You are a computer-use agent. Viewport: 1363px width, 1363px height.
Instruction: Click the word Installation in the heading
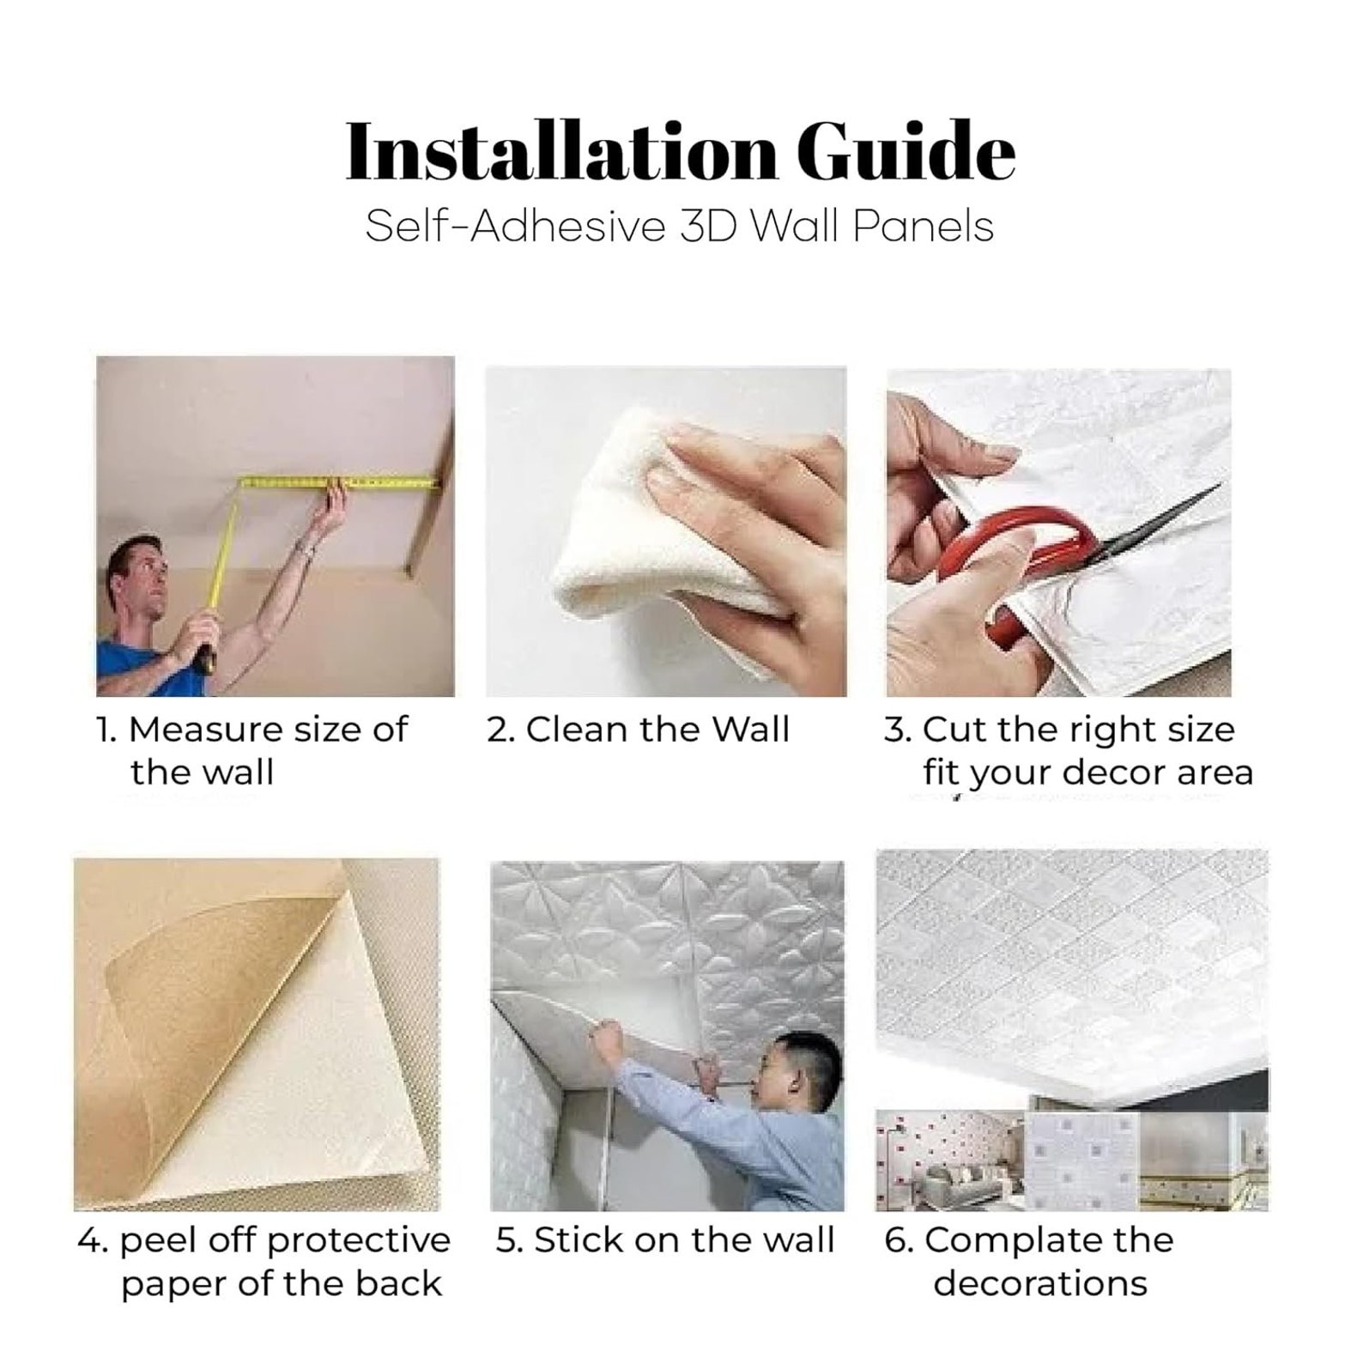[x=561, y=154]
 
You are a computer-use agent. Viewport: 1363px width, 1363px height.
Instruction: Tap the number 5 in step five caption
[x=509, y=1240]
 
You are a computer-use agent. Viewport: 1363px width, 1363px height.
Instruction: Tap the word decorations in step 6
[x=1040, y=1284]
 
